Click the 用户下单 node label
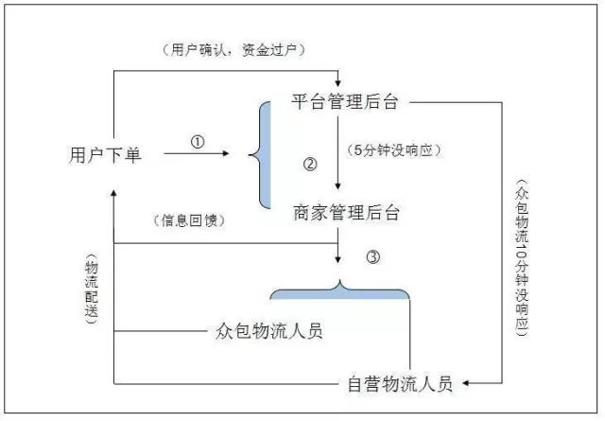[105, 154]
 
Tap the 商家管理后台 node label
[346, 212]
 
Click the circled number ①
[197, 141]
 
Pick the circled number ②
[309, 163]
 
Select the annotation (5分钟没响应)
[395, 149]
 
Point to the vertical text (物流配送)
[91, 289]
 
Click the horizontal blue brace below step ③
[339, 288]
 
